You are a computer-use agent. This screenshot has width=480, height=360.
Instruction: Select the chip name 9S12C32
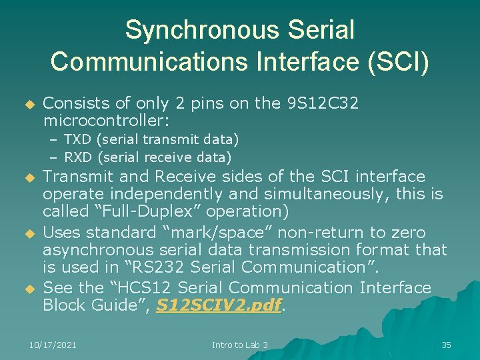tap(321, 103)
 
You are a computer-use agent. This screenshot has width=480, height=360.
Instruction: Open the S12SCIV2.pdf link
tap(218, 306)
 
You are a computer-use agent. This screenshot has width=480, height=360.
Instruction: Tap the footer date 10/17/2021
tap(53, 345)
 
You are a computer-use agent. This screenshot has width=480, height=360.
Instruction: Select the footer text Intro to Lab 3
tap(240, 345)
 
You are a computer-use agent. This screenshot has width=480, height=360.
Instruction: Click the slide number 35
tap(446, 345)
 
